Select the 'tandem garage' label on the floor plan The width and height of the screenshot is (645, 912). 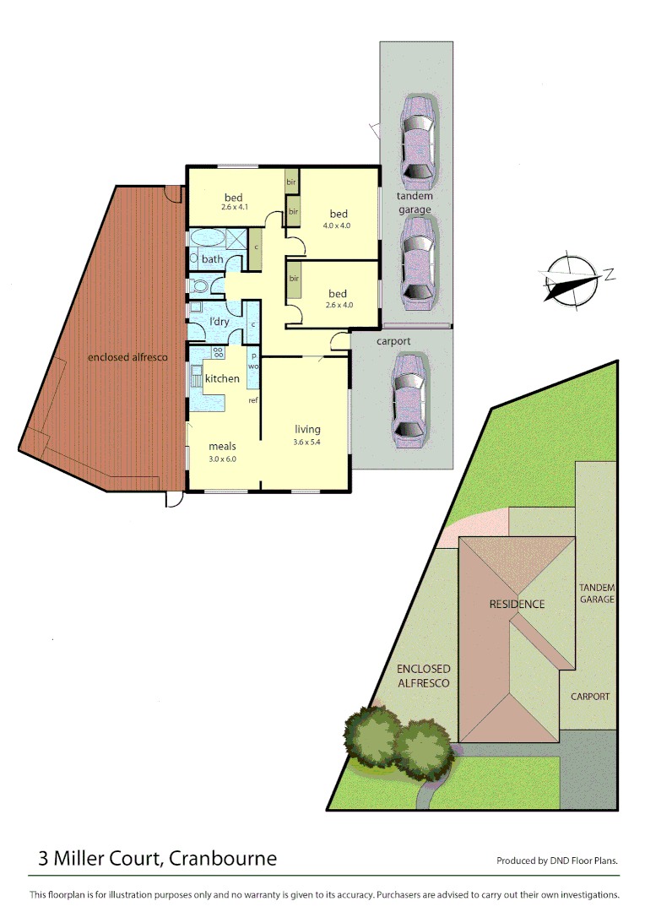point(415,203)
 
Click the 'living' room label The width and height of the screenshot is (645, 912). point(307,429)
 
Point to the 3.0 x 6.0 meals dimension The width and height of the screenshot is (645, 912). point(223,459)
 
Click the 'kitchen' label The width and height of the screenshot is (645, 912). point(222,378)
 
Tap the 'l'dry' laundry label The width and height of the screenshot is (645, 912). point(219,322)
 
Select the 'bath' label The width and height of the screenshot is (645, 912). point(212,259)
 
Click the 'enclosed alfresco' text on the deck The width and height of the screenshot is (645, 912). point(127,357)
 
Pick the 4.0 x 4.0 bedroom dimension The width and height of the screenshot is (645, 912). point(336,225)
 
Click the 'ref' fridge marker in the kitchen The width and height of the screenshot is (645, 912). point(252,400)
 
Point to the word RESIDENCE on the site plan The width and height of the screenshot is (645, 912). point(517,604)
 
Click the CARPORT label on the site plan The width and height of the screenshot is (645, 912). point(589,697)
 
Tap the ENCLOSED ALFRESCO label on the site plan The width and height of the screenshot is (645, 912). point(423,676)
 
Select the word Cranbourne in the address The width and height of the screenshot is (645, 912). point(223,859)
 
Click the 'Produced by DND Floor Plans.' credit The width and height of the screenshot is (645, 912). point(557,861)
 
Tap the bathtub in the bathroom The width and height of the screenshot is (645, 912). point(209,236)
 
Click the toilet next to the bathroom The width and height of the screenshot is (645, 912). point(199,285)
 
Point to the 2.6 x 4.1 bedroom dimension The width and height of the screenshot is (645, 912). point(232,207)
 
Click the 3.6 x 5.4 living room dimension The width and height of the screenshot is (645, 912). point(307,442)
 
